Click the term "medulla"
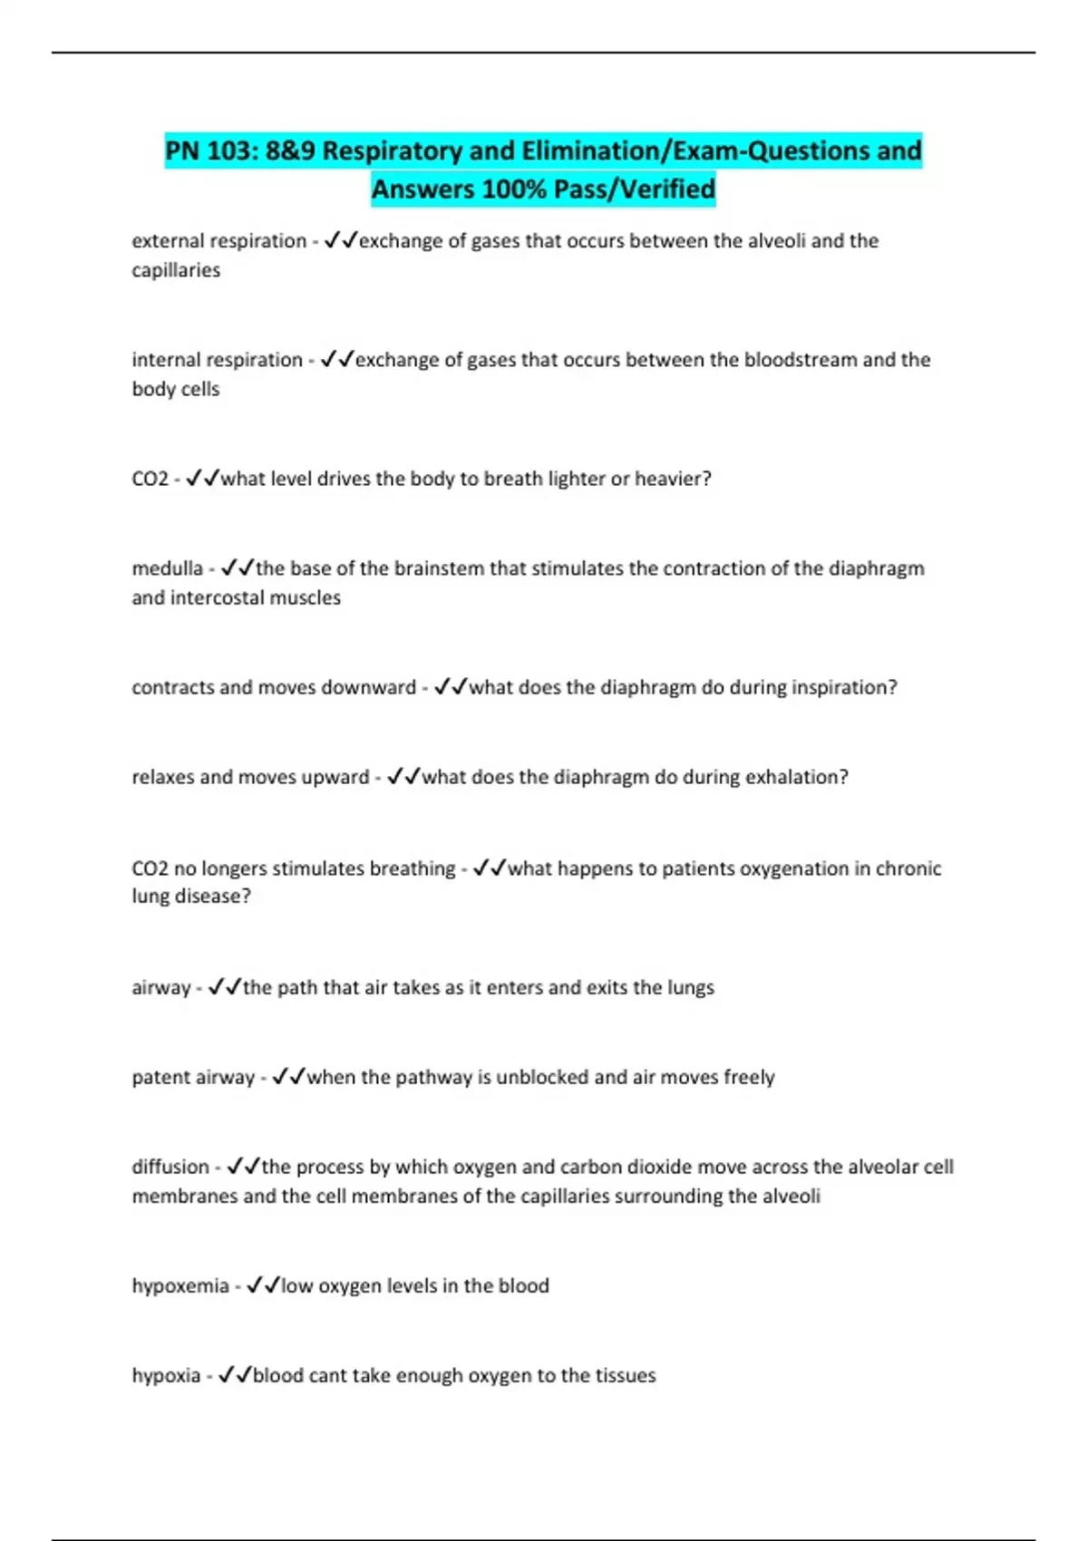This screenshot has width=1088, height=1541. (x=167, y=568)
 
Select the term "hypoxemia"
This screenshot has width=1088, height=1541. (x=180, y=1285)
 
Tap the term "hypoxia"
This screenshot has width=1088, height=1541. (x=166, y=1375)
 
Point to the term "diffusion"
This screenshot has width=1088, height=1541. (x=170, y=1167)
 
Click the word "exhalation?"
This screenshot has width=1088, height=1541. (x=796, y=777)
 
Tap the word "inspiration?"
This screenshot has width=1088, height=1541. (x=844, y=687)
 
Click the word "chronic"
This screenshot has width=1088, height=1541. (x=908, y=868)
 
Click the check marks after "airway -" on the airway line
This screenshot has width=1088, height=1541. (x=224, y=987)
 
